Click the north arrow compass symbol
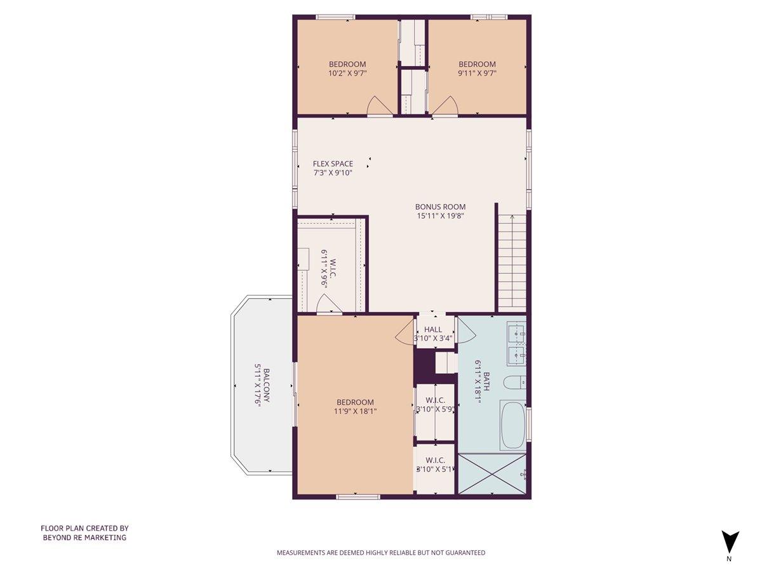730,542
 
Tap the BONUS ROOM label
440,207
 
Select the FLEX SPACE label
333,164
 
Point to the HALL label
433,329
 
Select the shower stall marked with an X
491,473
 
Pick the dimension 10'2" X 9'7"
347,73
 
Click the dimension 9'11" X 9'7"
477,73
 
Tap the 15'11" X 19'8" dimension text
440,215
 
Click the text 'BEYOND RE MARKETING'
84,537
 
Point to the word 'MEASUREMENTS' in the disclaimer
301,553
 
